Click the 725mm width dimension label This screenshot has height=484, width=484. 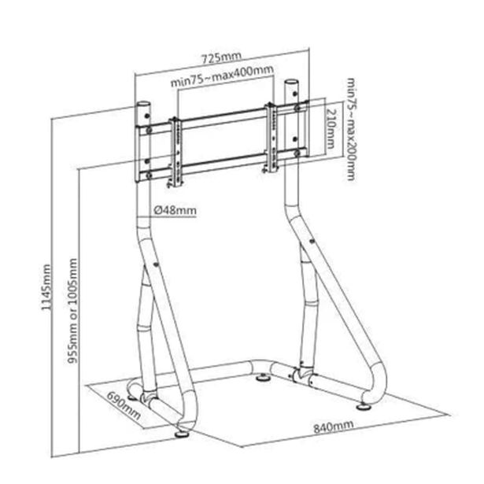pos(221,57)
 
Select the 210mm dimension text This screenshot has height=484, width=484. pos(331,128)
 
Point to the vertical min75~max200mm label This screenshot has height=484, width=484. pos(351,129)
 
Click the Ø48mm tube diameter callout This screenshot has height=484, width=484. pos(175,210)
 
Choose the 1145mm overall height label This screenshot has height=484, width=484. pos(46,287)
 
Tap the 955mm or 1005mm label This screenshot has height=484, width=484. pos(72,311)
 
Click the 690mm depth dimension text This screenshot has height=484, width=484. pos(124,406)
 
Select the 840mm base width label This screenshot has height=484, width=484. pos(334,427)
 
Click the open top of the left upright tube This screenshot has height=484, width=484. pos(143,104)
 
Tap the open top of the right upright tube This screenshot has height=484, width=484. pos(291,82)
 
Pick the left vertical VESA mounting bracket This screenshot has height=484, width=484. pos(176,153)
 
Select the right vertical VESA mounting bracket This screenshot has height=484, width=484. pos(272,138)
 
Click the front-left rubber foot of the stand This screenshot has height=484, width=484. pos(183,434)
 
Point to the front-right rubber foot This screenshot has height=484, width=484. pos(364,407)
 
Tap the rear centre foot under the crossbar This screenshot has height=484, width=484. pos(263,378)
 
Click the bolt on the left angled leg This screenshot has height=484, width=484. pos(155,264)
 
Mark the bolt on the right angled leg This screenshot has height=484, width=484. pos(311,242)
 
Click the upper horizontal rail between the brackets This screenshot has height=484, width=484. pos(225,117)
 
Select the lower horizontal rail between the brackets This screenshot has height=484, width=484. pos(225,163)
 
